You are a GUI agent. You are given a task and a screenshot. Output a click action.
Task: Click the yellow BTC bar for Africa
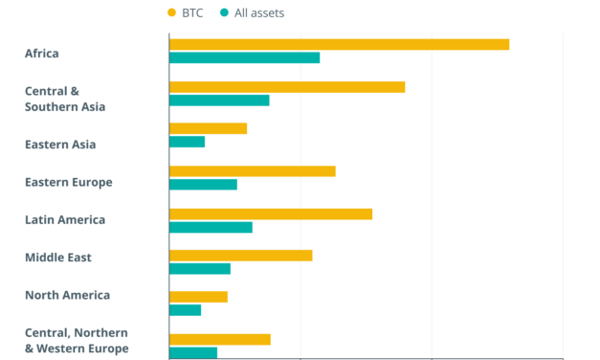339,44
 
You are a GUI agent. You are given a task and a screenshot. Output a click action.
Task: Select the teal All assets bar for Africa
244,57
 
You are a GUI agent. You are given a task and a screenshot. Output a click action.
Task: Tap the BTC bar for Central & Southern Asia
287,87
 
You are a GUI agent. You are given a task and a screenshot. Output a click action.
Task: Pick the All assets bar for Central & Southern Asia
219,100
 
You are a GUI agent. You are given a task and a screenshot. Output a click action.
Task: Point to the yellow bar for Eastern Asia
208,128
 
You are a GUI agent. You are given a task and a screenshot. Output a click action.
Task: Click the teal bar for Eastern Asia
187,142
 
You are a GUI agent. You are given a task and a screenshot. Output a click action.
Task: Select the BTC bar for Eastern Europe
252,171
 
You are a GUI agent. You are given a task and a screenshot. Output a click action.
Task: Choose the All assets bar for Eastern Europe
203,184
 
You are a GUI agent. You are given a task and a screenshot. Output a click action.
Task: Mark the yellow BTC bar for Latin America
271,214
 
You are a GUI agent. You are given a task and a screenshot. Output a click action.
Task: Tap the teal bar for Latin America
211,227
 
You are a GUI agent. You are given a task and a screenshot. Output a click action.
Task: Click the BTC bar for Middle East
240,256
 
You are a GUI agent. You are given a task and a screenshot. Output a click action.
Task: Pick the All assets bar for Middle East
200,269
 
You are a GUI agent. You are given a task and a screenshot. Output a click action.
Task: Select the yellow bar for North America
198,297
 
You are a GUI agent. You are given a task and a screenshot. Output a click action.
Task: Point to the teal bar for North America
185,310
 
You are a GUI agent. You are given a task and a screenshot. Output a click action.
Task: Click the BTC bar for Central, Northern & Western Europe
220,339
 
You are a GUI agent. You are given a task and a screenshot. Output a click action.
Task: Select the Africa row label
42,53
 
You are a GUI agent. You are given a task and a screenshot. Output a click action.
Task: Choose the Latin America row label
65,220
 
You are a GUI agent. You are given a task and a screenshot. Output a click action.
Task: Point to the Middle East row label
58,258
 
